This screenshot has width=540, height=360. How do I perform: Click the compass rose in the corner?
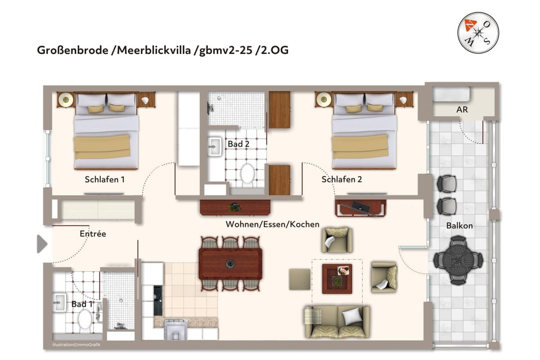click(x=477, y=33)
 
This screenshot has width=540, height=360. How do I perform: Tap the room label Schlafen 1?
click(x=105, y=179)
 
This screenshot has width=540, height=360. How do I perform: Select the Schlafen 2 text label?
click(x=341, y=179)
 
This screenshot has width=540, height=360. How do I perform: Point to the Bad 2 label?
click(x=238, y=145)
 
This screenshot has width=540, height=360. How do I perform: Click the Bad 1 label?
click(x=82, y=304)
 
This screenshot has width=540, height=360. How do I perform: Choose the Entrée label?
click(x=92, y=233)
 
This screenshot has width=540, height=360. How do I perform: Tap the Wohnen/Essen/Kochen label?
click(x=272, y=224)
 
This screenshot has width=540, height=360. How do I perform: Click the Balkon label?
click(x=459, y=226)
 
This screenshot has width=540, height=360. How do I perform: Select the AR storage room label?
click(x=461, y=110)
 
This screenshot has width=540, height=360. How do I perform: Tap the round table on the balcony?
click(x=458, y=260)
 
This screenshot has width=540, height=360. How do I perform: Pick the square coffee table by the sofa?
click(x=337, y=278)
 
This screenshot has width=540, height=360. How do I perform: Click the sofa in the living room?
click(x=337, y=322)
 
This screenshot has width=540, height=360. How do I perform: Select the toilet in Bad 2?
click(x=247, y=174)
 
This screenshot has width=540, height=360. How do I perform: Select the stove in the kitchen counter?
click(x=158, y=301)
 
